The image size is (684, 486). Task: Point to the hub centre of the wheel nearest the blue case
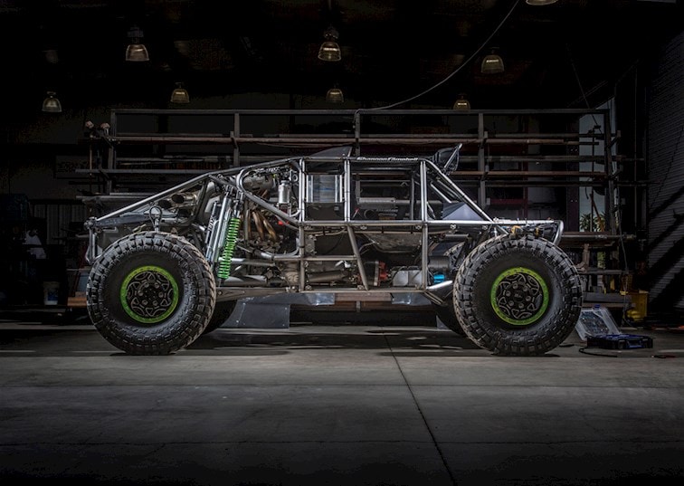[x=519, y=296]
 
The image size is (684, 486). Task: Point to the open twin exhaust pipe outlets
[x=184, y=198]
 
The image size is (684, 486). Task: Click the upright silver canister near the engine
[x=284, y=192]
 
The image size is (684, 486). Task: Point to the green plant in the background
[x=594, y=222]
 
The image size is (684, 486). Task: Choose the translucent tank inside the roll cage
[x=323, y=190]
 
